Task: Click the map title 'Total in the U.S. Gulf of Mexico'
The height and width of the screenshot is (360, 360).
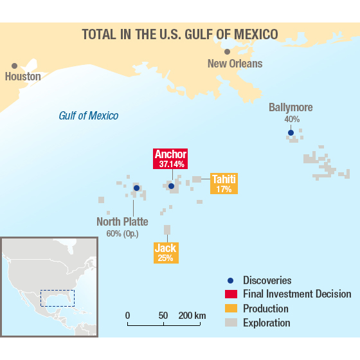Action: pyautogui.click(x=180, y=33)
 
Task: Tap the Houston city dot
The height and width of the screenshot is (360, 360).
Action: pyautogui.click(x=14, y=66)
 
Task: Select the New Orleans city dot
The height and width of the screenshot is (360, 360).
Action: pyautogui.click(x=227, y=51)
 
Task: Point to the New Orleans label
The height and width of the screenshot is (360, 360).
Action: pyautogui.click(x=235, y=63)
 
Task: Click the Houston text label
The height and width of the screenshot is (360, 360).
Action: pyautogui.click(x=22, y=76)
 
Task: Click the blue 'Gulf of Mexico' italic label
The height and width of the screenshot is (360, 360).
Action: pyautogui.click(x=88, y=116)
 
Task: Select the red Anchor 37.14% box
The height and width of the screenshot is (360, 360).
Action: pyautogui.click(x=170, y=158)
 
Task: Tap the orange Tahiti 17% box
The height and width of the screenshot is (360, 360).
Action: pyautogui.click(x=224, y=184)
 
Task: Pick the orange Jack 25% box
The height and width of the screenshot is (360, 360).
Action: pyautogui.click(x=165, y=252)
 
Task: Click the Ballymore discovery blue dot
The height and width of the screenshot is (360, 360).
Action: pyautogui.click(x=291, y=133)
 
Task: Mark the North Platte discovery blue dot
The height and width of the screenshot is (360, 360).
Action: pyautogui.click(x=136, y=188)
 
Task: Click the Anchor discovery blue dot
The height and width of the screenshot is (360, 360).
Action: pyautogui.click(x=171, y=186)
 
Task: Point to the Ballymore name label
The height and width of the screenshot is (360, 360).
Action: pyautogui.click(x=291, y=107)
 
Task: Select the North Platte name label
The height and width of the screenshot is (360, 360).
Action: pyautogui.click(x=122, y=222)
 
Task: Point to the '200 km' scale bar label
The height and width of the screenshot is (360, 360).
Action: pyautogui.click(x=192, y=316)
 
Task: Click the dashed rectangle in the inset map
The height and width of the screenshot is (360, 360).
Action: pyautogui.click(x=57, y=298)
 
